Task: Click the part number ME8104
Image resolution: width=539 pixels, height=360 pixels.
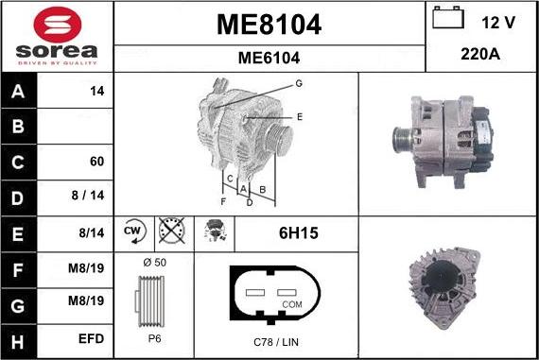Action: point(269,26)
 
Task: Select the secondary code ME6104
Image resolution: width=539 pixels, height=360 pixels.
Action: point(269,58)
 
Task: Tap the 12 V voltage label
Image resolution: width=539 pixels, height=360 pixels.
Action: point(498,21)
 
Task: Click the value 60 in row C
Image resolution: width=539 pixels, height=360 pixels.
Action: point(96,161)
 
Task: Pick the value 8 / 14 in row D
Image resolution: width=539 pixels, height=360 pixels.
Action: point(92,196)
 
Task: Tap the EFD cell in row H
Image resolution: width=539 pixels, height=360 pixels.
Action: point(91,335)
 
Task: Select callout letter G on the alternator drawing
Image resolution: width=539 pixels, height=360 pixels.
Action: point(298,84)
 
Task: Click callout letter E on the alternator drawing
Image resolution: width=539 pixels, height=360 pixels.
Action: point(299,117)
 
